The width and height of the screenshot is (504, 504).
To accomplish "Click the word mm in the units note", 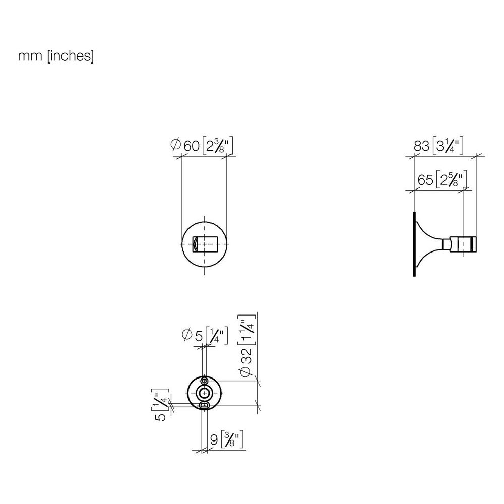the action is (30, 56).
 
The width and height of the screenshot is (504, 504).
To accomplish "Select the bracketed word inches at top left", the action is (71, 56).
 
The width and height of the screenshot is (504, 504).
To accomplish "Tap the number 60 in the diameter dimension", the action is (191, 146).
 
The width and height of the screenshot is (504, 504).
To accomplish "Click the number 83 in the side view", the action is (421, 146).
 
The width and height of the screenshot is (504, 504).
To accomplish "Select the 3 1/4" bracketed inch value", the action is (448, 146).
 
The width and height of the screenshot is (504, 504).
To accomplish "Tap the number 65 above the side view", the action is (425, 180).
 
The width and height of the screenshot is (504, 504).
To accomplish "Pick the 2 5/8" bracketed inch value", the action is (452, 180).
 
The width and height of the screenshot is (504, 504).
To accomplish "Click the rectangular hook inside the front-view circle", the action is (205, 244).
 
